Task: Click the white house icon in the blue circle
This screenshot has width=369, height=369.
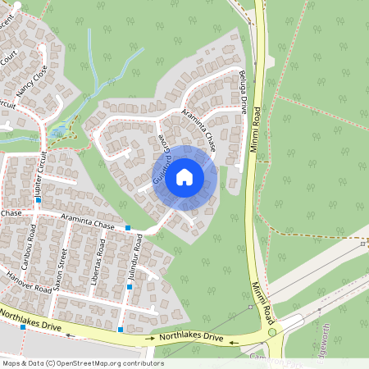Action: pos(184,176)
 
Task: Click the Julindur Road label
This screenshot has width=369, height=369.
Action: pos(135,259)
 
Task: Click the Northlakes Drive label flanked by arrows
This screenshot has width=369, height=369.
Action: pos(190,337)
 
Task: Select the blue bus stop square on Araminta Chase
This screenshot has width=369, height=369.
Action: pos(128,227)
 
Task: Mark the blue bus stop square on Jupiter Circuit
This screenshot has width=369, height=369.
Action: pos(38,199)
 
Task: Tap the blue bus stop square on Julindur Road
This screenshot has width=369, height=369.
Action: pos(129,287)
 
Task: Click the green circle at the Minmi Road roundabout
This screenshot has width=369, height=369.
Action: pos(271,332)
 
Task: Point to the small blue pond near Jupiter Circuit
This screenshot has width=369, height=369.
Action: pos(57,130)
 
